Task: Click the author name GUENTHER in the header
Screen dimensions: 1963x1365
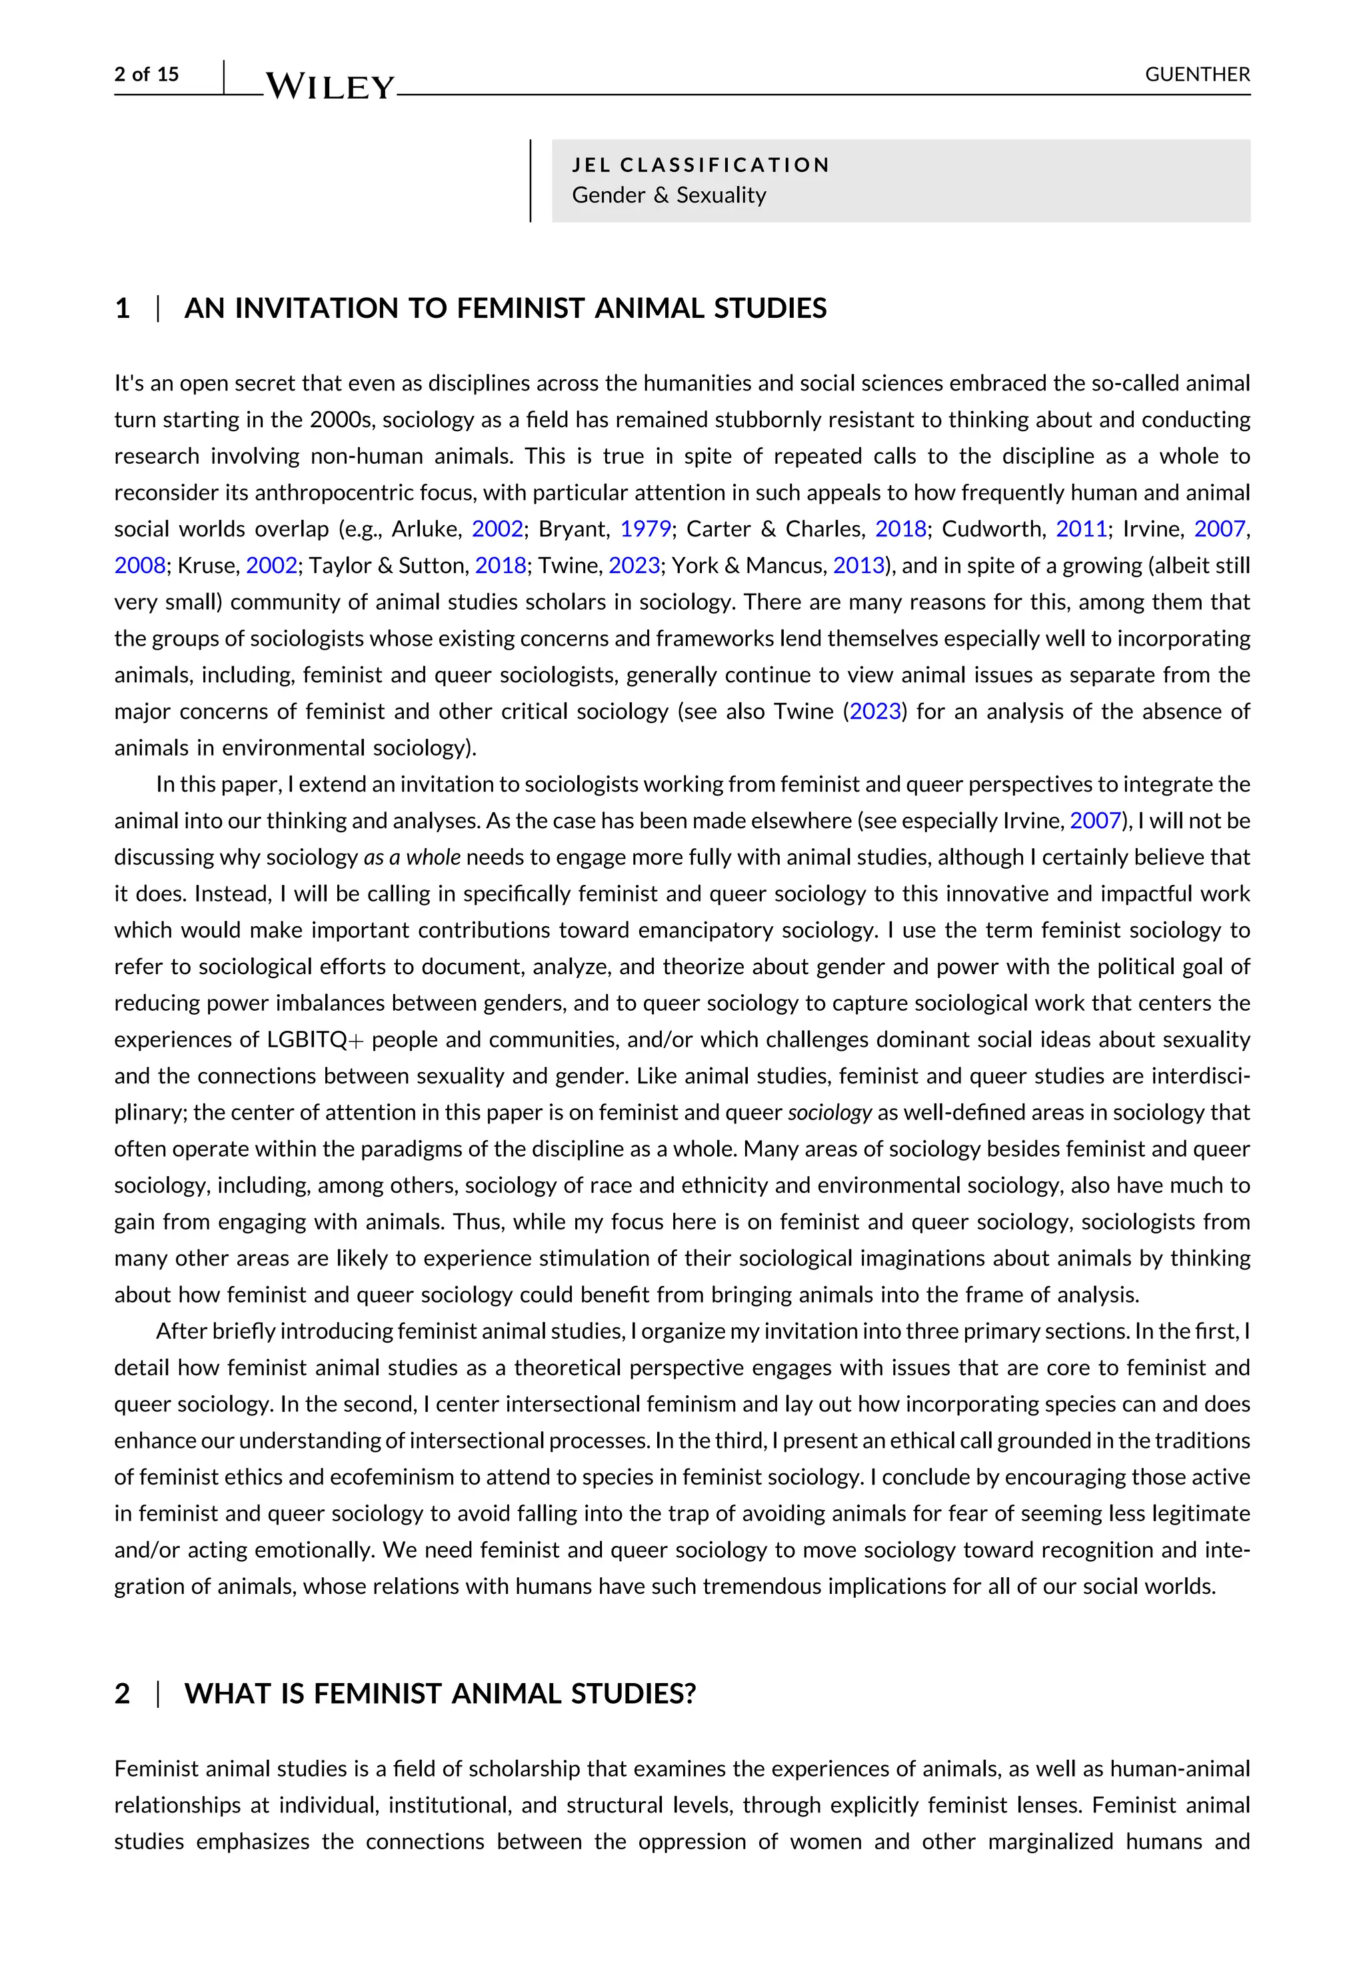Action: coord(1196,75)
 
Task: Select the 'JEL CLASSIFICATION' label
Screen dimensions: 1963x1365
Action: coord(700,165)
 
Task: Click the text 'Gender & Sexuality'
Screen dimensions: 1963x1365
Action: coord(669,195)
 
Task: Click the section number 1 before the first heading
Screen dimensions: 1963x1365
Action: coord(122,308)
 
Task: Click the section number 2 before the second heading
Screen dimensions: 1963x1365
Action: coord(122,1693)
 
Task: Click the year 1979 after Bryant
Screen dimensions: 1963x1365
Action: coord(646,529)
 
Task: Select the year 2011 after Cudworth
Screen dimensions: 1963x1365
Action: coord(1081,529)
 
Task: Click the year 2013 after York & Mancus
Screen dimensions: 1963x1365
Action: coord(858,566)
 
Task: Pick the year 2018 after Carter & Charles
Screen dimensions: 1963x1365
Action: coord(900,529)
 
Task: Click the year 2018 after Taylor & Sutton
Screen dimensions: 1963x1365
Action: coord(501,566)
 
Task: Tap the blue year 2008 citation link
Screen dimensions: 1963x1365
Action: coord(139,566)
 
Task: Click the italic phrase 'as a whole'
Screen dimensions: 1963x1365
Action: coord(413,858)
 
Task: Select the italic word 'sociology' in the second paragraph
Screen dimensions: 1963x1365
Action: coord(828,1112)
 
